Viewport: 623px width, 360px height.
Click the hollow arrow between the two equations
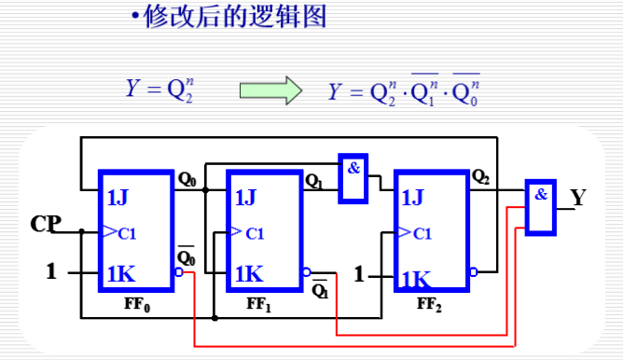coord(270,90)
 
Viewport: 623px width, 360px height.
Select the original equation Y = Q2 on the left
coord(159,90)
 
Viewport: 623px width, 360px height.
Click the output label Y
coord(578,198)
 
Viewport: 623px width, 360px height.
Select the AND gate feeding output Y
coord(539,207)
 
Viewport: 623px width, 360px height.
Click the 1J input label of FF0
coord(119,197)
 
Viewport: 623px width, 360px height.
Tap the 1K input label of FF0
coord(121,273)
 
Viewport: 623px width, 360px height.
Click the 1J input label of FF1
coord(245,197)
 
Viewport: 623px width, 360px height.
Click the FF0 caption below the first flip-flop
coord(136,304)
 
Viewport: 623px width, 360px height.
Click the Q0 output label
coord(187,177)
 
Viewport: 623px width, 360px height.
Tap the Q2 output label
coord(481,175)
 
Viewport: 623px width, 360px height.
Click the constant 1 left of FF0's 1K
coord(52,272)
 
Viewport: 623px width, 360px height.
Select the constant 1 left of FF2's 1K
coord(359,274)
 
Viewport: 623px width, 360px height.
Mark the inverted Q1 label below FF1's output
coord(320,290)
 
